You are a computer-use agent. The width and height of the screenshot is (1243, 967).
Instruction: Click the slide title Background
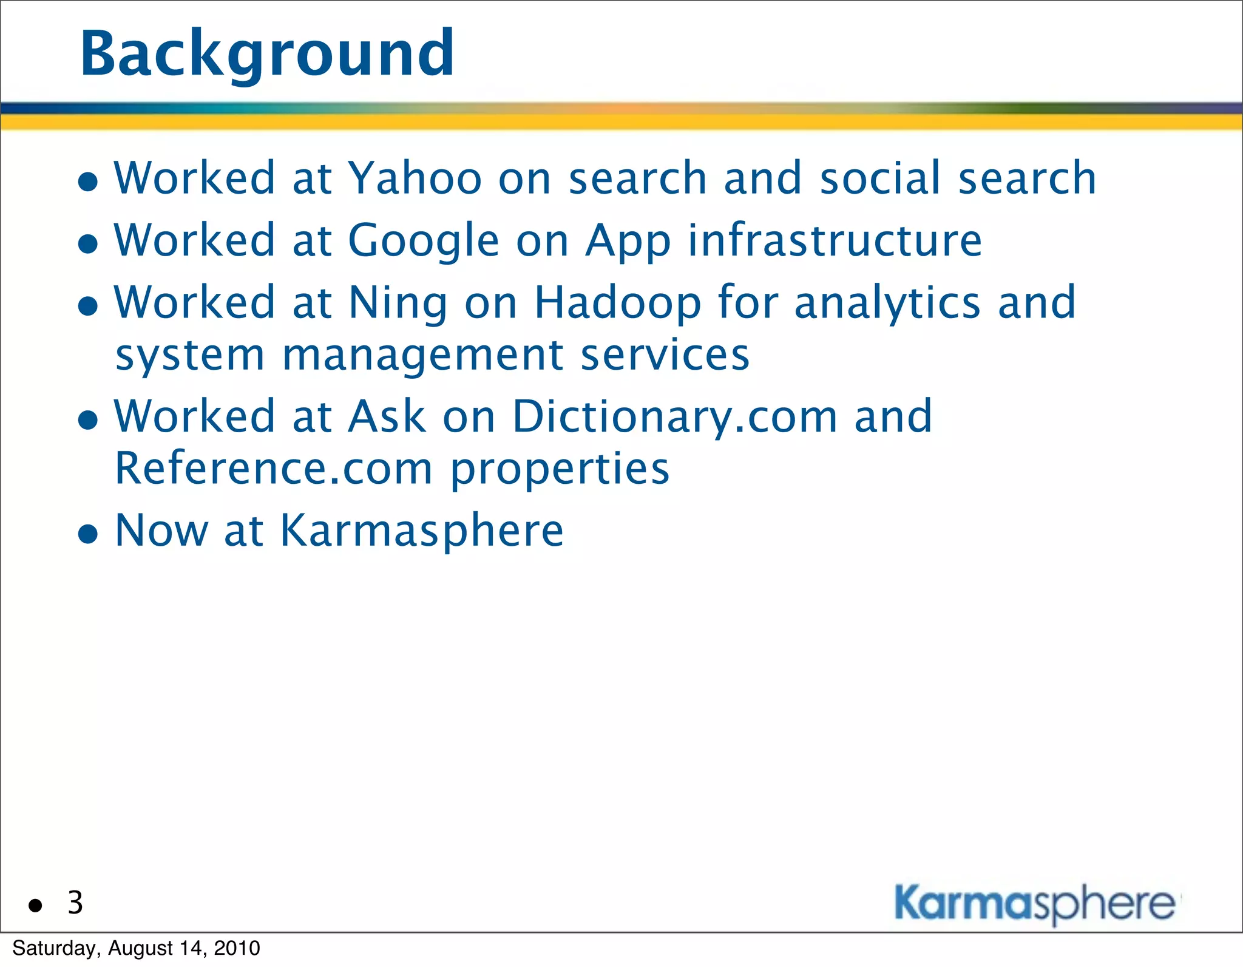[267, 55]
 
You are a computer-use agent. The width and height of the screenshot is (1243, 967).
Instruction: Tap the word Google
[423, 241]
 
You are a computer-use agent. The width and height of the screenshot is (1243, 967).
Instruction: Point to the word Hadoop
[617, 303]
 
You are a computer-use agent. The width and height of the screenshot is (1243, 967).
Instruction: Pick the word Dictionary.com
[675, 418]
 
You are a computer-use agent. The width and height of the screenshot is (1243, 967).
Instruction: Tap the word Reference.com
[274, 469]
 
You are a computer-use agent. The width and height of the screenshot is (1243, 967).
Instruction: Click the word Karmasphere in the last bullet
[422, 531]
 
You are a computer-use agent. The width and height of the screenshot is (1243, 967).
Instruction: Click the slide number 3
[75, 903]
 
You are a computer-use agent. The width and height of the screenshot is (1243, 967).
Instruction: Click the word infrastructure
[835, 241]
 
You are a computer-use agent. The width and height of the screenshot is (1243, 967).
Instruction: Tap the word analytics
[887, 303]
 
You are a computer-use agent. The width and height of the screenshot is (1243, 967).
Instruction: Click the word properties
[560, 470]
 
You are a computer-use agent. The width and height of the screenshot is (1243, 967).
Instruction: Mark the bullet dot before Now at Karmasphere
[89, 534]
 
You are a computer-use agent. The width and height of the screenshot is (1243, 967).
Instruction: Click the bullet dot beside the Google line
[89, 244]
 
